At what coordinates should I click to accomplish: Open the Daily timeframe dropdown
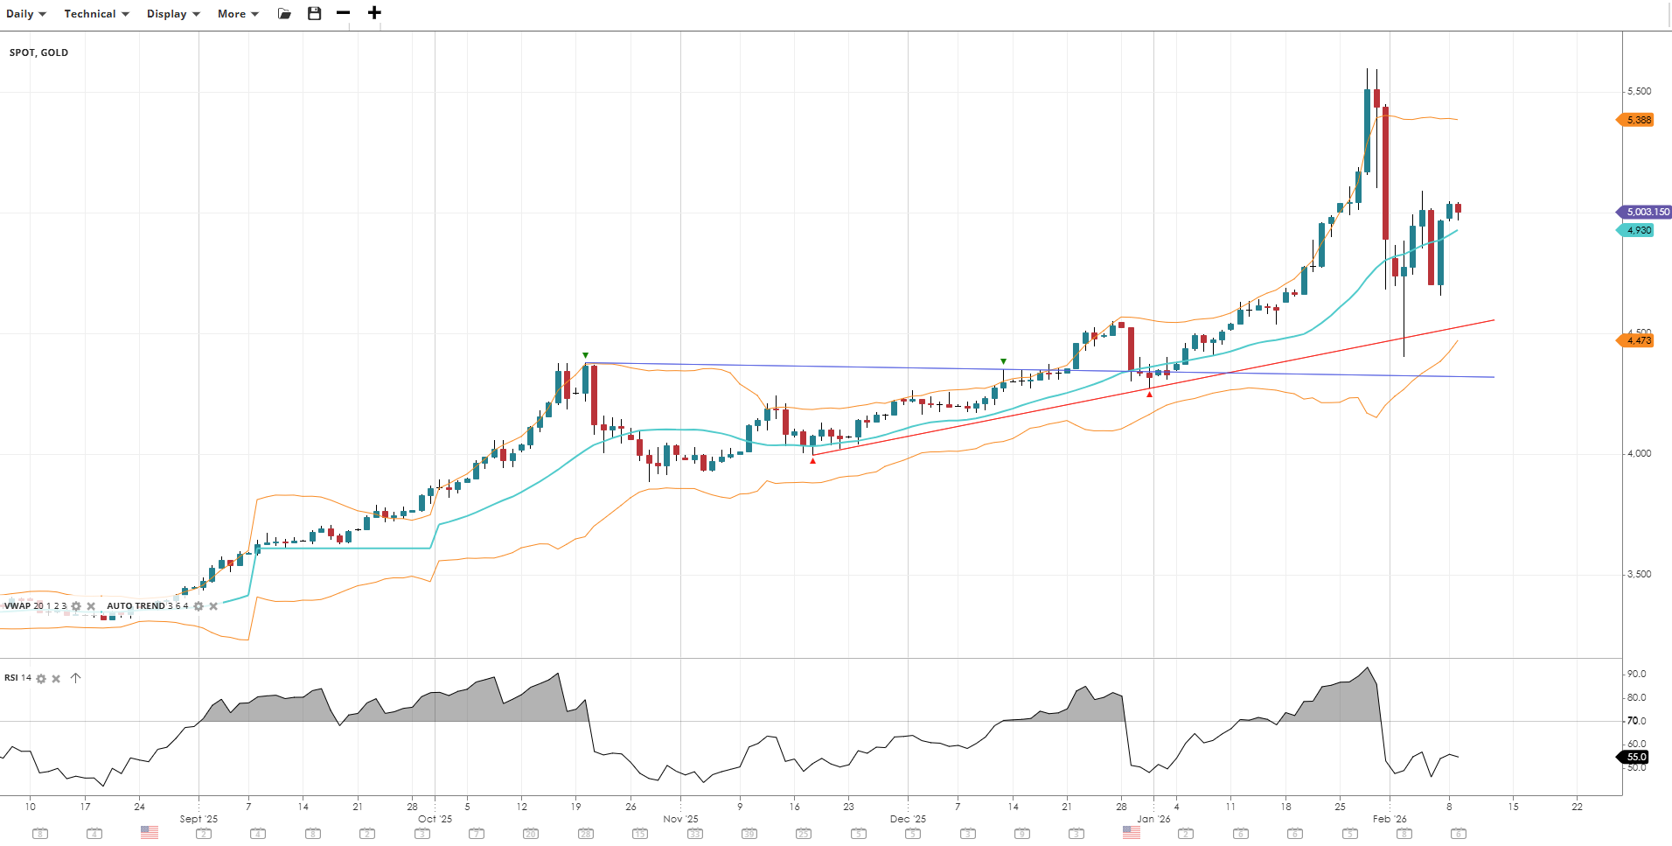click(x=25, y=14)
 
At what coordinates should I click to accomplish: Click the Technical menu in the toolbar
click(x=96, y=14)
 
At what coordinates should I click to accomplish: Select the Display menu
click(x=173, y=14)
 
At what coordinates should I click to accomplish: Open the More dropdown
click(x=238, y=14)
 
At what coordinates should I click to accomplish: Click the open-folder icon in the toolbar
click(x=284, y=13)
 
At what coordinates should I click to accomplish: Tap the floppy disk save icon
click(x=315, y=13)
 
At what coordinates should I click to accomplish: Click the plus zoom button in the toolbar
click(x=374, y=13)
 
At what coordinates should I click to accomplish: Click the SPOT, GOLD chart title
click(x=39, y=52)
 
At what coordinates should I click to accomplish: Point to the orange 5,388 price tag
click(x=1638, y=120)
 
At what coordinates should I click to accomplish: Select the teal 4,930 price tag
click(x=1638, y=230)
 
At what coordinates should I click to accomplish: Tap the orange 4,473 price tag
click(x=1638, y=340)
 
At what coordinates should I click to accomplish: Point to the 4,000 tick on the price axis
click(x=1639, y=453)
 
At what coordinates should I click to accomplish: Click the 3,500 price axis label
click(x=1639, y=574)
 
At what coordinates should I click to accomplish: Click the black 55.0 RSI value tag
click(x=1636, y=757)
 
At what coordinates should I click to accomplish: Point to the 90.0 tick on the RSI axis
click(x=1636, y=674)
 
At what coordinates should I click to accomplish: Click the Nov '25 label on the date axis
click(x=680, y=819)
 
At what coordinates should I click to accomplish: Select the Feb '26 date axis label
click(x=1390, y=819)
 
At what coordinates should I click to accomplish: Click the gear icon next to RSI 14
click(x=41, y=679)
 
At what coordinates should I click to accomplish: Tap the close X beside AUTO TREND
click(x=213, y=606)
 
